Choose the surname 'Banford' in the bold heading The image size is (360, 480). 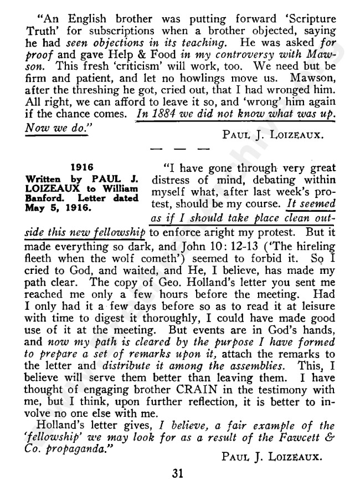(42, 198)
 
